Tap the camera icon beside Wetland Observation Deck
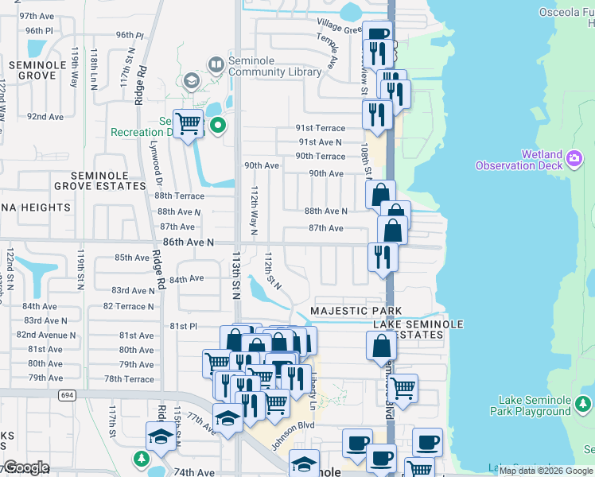(574, 160)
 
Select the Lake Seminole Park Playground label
(546, 405)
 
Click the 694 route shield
(65, 395)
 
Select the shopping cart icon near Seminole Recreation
(188, 123)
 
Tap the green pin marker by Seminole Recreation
(217, 125)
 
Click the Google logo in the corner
(26, 467)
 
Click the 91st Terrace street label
(321, 128)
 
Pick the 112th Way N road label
(255, 211)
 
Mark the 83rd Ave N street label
(133, 291)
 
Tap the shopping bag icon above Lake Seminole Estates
(382, 347)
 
